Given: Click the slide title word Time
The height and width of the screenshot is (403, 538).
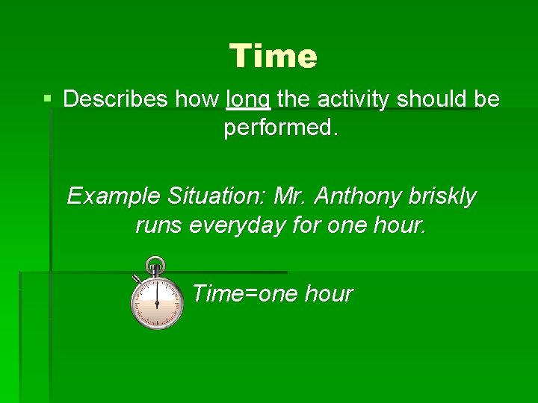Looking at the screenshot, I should coord(273,56).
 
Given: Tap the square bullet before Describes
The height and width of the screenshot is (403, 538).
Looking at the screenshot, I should coord(48,99).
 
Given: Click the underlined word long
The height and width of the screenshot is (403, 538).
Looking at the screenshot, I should coord(248,100).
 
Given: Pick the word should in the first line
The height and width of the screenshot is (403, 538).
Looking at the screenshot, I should coord(428,99).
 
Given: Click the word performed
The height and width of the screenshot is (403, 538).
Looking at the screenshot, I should coord(281,128).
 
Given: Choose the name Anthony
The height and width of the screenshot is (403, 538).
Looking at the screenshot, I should coord(358,196).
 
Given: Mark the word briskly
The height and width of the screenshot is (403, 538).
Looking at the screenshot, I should coord(442,196).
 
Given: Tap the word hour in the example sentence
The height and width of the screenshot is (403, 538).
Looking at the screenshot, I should coord(401,225).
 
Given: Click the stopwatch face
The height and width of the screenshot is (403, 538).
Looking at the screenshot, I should coord(157,303).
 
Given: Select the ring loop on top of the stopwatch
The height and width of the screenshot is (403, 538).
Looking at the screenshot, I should coord(155,263).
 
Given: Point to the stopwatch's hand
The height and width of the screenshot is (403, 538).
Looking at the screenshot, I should coord(157,295).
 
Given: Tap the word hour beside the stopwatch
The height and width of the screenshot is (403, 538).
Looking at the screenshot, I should coord(329,294).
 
